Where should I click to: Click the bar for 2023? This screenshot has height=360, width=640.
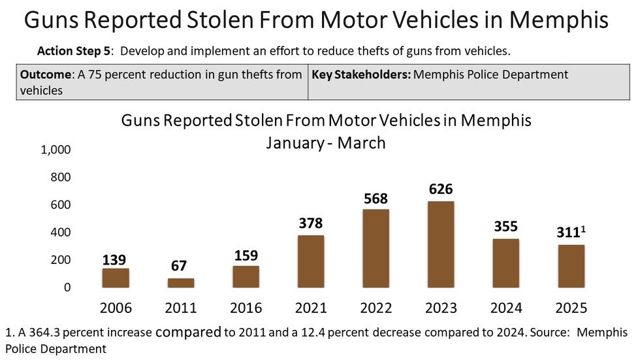(441, 244)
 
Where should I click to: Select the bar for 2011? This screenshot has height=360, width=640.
(181, 283)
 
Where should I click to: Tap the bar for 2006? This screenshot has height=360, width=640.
(116, 278)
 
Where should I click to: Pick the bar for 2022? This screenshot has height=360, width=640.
(376, 248)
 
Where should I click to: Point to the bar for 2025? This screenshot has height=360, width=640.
(571, 266)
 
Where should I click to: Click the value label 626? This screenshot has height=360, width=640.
(441, 189)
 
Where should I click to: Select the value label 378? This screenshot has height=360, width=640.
(310, 224)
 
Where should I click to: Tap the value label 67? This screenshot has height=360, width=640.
(180, 266)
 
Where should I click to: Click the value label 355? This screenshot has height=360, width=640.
(505, 227)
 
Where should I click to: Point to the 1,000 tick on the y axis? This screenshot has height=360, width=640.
(56, 150)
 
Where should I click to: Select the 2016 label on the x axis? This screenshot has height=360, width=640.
(246, 308)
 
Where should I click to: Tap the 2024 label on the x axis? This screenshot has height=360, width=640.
(505, 308)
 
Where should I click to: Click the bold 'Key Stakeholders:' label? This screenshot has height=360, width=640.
(361, 74)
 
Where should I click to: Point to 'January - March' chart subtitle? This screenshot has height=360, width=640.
(325, 142)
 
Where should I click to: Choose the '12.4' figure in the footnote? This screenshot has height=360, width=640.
(347, 332)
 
